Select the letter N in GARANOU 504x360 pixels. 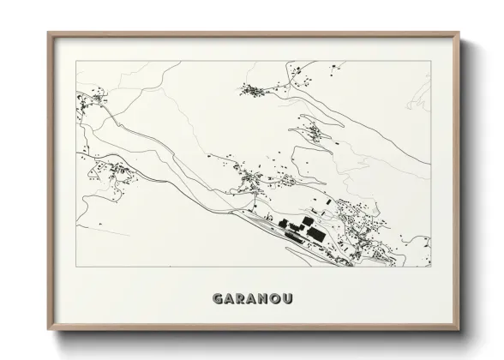point(263,299)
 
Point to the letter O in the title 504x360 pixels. point(276,299)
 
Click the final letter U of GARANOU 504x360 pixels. point(288,299)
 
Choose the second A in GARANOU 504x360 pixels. point(251,299)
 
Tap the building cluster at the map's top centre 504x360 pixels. point(254,88)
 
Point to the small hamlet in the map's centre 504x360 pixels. point(250,179)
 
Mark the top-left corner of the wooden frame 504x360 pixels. point(48,33)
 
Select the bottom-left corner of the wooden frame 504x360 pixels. point(48,330)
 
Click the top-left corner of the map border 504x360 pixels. point(76,62)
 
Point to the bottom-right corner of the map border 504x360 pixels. point(430,267)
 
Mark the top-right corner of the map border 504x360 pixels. point(430,62)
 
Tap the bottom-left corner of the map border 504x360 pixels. point(76,267)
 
